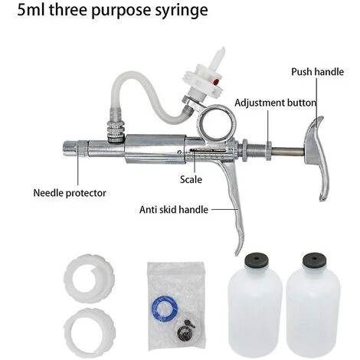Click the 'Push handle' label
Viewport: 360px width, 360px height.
tap(317, 72)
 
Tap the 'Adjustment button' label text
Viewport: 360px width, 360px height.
tap(275, 103)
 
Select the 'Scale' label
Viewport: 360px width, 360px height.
tap(191, 179)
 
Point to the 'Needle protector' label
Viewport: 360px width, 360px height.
tap(70, 193)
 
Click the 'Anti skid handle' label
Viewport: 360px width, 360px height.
tap(174, 210)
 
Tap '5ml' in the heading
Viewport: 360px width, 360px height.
tap(31, 10)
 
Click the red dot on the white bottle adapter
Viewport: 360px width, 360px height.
tap(216, 82)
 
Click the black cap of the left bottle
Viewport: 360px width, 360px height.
tap(257, 260)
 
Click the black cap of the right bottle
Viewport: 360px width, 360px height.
tap(314, 260)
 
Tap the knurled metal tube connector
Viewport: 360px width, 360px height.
tap(116, 131)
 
